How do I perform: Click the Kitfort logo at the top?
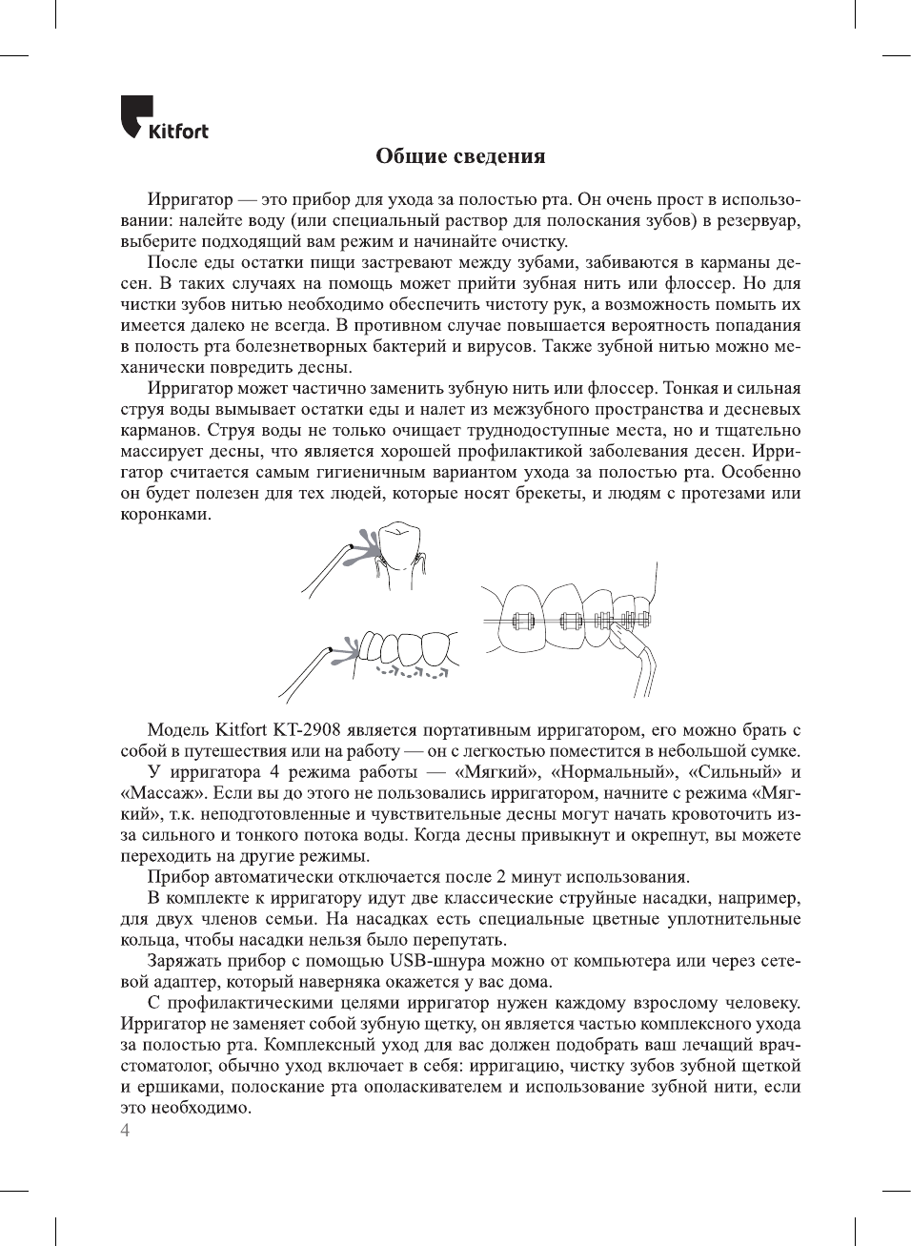coord(164,118)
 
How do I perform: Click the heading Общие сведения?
coord(460,155)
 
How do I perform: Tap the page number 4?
coord(125,1131)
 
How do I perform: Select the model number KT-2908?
coord(306,731)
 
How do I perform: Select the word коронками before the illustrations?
coord(165,515)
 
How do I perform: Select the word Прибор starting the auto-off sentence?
coord(178,877)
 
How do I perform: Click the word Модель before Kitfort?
coord(178,731)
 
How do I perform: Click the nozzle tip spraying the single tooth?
coord(350,546)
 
